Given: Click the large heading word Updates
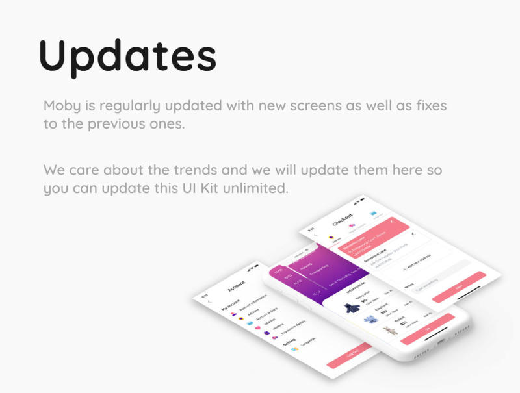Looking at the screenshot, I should tap(127, 55).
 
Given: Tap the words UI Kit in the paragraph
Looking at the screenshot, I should tap(191, 189).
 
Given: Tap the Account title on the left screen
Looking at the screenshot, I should tap(237, 286).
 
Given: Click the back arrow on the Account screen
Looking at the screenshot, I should tap(209, 301).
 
